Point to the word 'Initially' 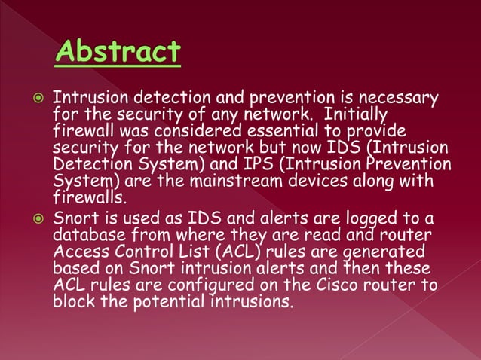click(x=357, y=114)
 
